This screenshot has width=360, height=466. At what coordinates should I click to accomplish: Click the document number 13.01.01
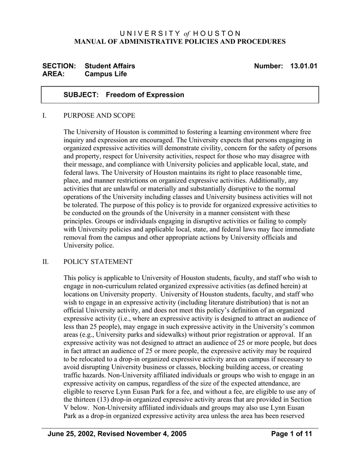(x=303, y=66)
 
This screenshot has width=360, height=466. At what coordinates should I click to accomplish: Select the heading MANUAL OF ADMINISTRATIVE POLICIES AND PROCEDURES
(x=180, y=42)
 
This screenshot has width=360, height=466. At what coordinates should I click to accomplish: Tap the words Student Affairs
(x=110, y=66)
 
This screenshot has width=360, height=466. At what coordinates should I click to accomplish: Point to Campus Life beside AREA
(x=106, y=74)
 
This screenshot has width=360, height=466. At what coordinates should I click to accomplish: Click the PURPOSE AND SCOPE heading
(x=99, y=116)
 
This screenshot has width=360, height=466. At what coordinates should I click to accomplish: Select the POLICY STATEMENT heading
(x=98, y=262)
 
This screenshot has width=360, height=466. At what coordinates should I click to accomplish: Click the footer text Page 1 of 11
(x=291, y=434)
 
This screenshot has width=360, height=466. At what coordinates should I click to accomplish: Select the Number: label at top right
(x=269, y=66)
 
